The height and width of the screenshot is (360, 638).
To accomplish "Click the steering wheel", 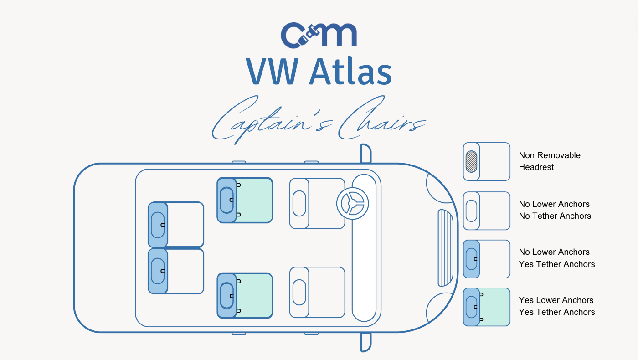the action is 352,203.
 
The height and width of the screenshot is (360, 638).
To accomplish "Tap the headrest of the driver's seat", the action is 299,203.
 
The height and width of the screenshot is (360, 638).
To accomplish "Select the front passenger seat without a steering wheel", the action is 317,292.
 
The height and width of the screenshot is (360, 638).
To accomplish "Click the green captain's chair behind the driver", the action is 245,200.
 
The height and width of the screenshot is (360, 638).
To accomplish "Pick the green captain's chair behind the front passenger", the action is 245,296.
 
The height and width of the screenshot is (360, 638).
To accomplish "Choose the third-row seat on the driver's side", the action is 176,225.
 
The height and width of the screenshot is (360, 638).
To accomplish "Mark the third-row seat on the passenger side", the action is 176,271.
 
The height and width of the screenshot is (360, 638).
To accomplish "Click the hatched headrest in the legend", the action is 471,161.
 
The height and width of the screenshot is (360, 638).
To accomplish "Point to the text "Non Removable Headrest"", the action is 550,161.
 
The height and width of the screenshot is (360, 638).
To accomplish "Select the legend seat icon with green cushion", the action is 487,307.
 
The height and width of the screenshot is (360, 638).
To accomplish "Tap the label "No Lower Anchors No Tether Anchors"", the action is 555,210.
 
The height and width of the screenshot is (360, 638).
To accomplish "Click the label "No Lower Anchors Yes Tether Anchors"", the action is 556,258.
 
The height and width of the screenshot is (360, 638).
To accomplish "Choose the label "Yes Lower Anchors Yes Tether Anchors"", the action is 556,306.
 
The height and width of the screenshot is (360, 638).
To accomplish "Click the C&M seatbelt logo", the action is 319,35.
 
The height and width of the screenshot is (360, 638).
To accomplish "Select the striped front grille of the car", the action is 445,248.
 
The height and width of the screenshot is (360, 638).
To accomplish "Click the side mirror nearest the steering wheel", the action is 365,154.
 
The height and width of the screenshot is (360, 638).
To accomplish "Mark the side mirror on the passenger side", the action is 365,342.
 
